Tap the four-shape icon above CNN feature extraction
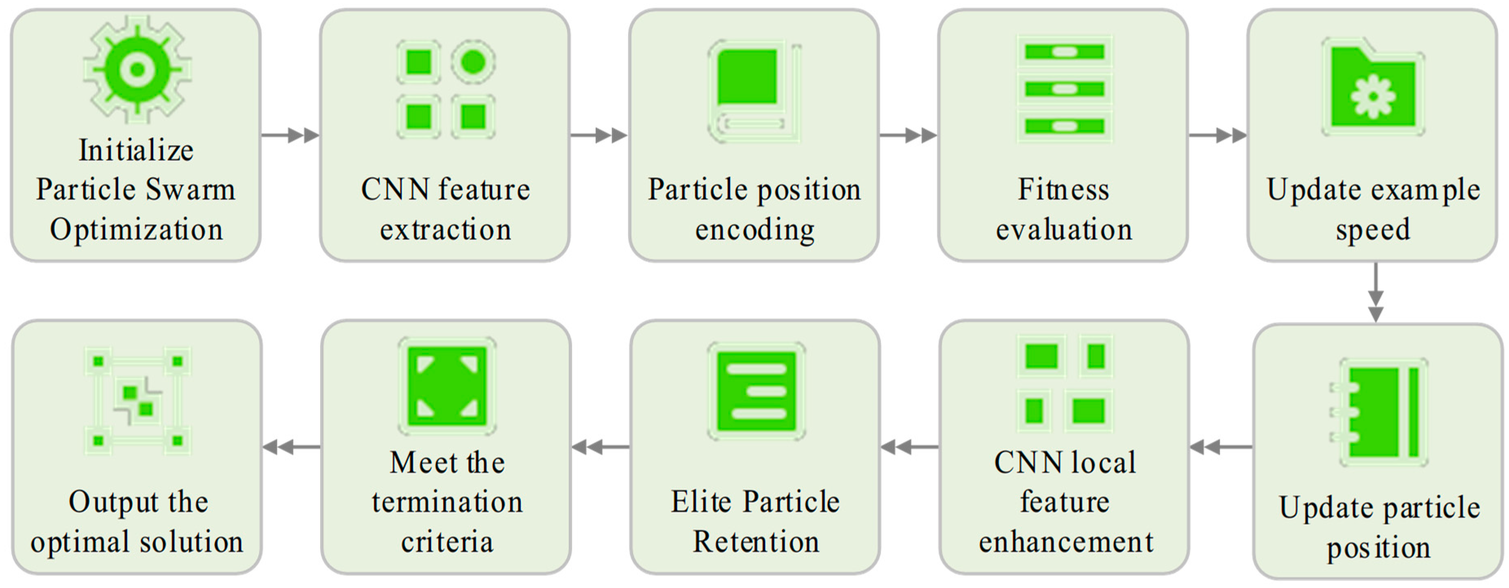pos(446,89)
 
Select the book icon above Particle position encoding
pos(754,91)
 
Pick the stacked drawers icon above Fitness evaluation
pos(1065,88)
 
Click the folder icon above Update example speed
pos(1373,87)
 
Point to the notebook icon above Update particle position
pos(1378,412)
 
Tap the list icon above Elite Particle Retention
pos(756,391)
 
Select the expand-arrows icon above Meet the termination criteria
pos(447,386)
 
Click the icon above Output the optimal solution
pos(138,401)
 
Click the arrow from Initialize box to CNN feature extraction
pos(290,135)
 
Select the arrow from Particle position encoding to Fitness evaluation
pos(908,135)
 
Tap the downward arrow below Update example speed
pos(1375,292)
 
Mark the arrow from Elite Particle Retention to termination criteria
pos(601,447)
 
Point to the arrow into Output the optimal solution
pos(291,447)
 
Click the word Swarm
pos(190,189)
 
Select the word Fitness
pos(1063,189)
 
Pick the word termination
pos(447,502)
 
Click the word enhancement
pos(1066,542)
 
